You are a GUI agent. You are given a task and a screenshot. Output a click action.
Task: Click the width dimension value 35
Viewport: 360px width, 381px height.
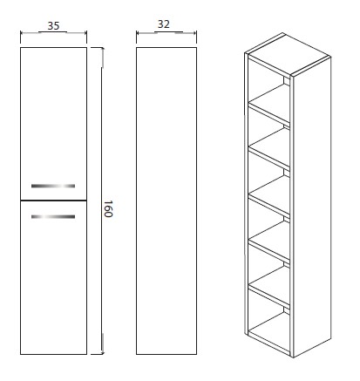pos(53,25)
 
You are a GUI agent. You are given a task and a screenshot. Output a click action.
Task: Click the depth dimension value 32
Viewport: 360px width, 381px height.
pos(163,24)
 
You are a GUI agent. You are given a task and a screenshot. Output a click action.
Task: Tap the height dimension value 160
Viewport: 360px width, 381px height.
pos(108,208)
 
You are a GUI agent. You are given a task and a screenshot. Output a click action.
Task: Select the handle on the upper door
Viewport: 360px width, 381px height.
pos(53,186)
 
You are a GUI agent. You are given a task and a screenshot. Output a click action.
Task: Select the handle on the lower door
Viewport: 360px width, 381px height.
pos(53,216)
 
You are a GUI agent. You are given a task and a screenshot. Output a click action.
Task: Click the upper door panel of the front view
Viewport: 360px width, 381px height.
pos(53,124)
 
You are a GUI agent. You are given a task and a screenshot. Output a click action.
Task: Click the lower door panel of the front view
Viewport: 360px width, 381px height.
pos(53,277)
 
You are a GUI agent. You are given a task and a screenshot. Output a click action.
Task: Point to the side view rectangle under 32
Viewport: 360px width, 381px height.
pos(166,201)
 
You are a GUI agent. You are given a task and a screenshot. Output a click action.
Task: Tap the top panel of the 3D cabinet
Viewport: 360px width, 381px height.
pos(288,53)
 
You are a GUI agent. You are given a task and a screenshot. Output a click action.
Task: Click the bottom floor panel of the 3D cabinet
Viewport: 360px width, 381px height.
pos(269,333)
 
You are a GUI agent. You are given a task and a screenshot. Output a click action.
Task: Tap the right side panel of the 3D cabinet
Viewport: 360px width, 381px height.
pos(312,207)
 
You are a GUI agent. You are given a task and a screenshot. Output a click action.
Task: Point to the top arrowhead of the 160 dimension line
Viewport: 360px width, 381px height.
pos(102,51)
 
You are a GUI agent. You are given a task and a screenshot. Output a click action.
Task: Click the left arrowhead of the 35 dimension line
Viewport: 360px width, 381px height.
pos(23,33)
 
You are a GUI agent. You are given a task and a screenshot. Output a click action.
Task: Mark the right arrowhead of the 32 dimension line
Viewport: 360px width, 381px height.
pos(194,33)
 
